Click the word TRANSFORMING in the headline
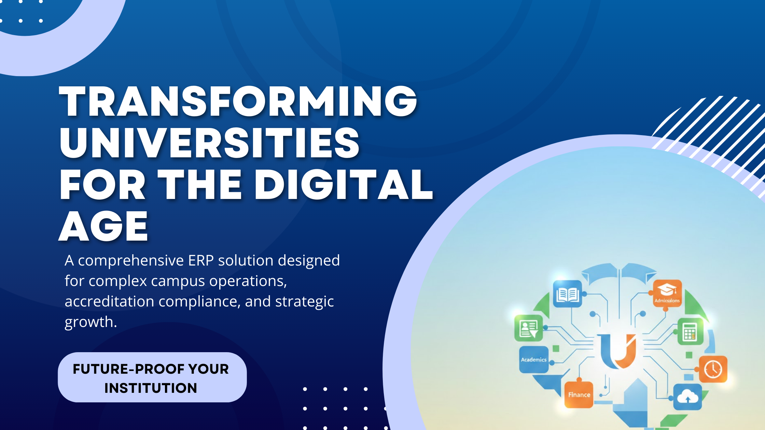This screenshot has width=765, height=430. [238, 101]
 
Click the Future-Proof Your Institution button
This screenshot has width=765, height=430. [152, 377]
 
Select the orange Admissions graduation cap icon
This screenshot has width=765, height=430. [667, 293]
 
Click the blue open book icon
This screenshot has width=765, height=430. [567, 294]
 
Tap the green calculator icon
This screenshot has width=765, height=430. [690, 331]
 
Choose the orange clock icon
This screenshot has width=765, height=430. [713, 369]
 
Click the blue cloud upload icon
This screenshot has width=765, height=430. [687, 397]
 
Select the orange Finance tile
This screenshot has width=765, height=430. [579, 395]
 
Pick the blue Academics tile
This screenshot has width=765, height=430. [533, 359]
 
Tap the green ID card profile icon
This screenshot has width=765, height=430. [528, 328]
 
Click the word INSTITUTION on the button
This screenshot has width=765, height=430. [151, 388]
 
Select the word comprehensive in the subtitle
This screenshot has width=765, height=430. [131, 261]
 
